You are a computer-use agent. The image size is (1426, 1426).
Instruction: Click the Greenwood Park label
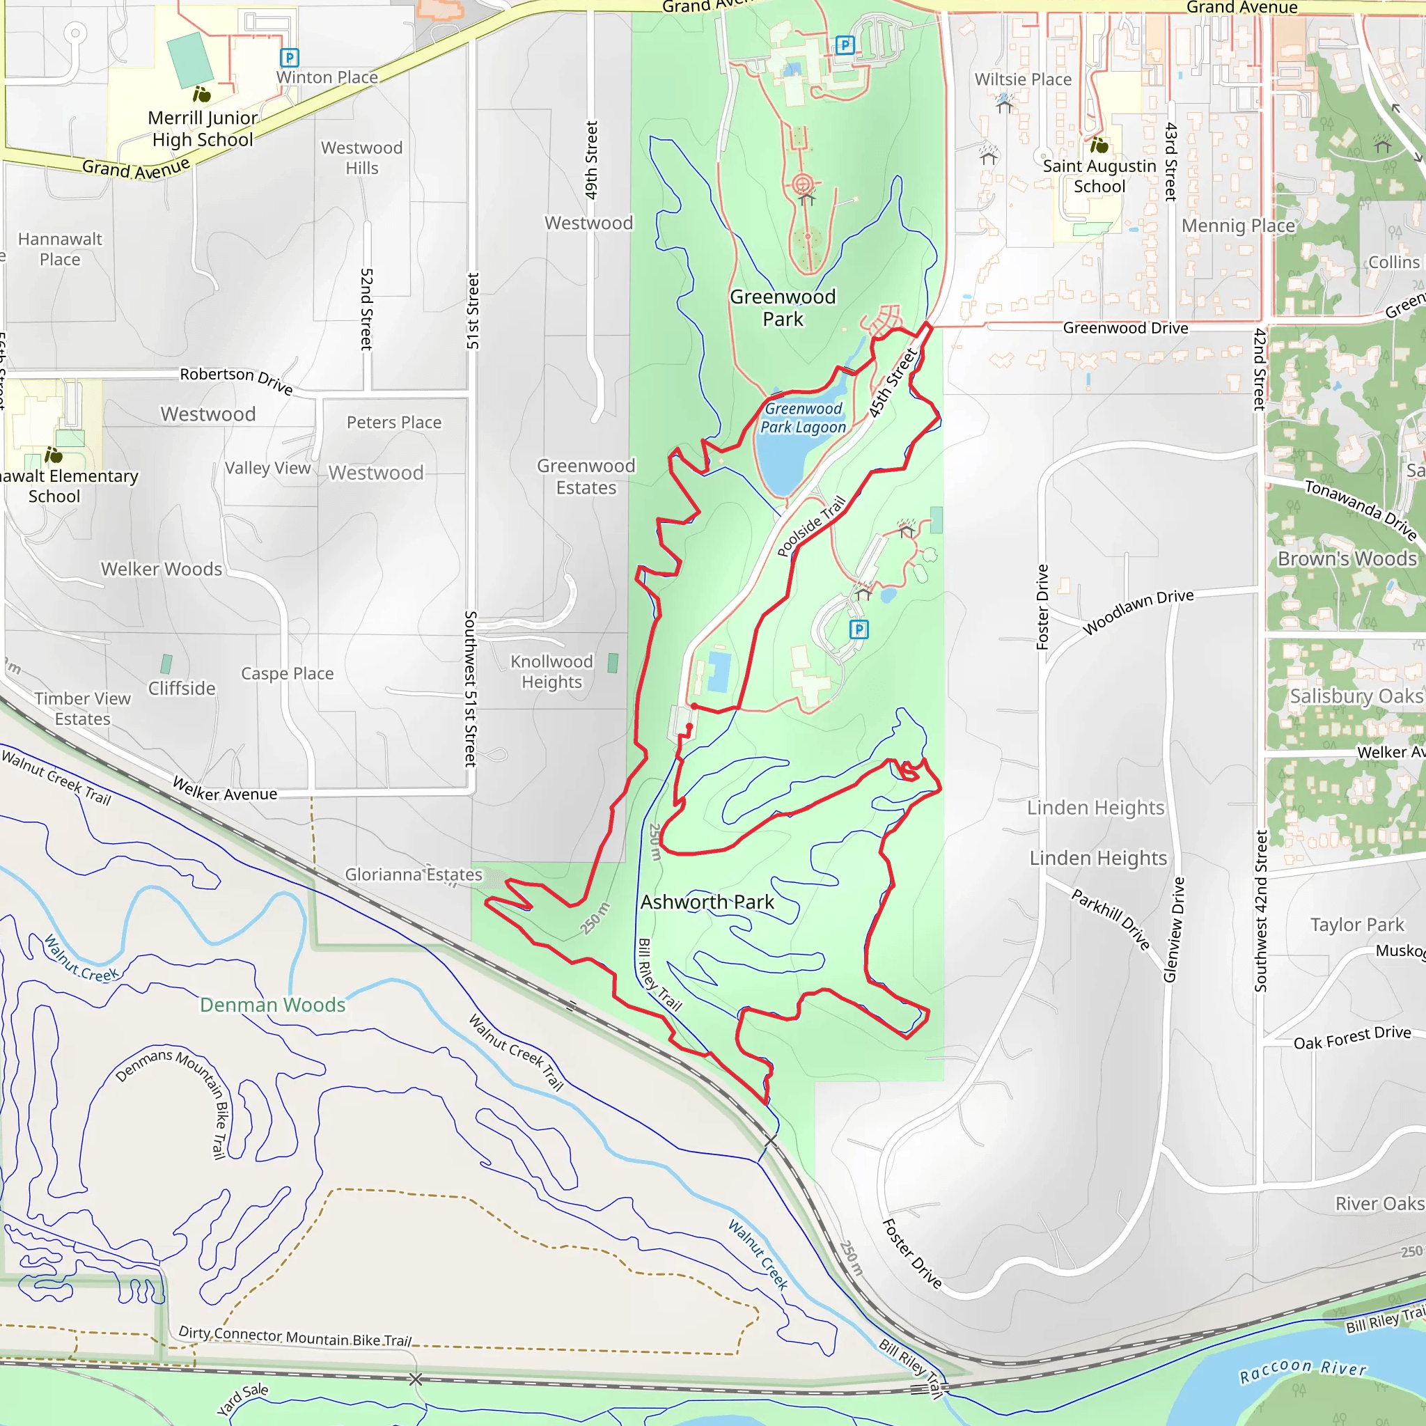coord(783,308)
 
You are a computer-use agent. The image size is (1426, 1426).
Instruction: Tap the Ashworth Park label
coord(707,902)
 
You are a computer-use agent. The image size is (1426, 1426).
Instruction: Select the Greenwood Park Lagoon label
coord(803,418)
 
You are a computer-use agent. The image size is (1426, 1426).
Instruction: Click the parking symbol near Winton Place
coord(290,57)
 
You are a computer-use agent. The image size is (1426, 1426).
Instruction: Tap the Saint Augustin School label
coord(1099,175)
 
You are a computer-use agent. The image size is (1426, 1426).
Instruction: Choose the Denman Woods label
coord(272,1005)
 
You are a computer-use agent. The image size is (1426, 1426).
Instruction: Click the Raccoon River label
coord(1302,1370)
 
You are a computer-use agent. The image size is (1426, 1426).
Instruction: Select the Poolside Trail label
coord(810,526)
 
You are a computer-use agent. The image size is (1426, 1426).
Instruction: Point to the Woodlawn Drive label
coord(1138,611)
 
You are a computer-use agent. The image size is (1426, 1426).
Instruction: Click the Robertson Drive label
coord(236,379)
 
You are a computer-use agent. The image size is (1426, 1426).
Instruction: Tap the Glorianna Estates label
coord(414,875)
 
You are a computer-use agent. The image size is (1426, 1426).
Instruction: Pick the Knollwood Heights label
coord(551,671)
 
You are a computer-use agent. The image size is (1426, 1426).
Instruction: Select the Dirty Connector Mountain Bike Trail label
coord(295,1336)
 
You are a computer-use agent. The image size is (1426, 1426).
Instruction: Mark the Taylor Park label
coord(1356,924)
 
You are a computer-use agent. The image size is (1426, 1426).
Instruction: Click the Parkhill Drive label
coord(1111,919)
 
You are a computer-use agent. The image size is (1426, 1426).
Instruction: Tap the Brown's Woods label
coord(1347,558)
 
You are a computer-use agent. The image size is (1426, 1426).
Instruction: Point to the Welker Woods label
coord(162,568)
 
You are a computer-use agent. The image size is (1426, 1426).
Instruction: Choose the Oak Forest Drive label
coord(1352,1037)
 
